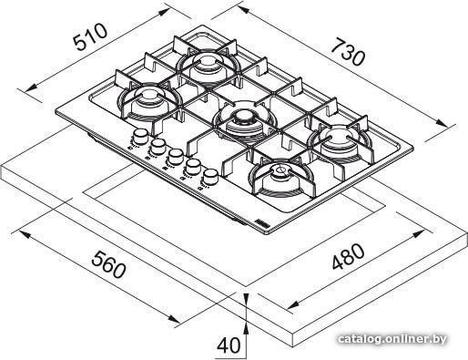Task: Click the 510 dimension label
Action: click(91, 36)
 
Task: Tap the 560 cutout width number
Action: click(108, 263)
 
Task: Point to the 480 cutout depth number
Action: click(348, 257)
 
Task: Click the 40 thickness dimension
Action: click(229, 345)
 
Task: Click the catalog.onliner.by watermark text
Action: click(392, 339)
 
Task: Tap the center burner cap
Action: click(243, 117)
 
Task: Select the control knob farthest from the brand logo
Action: click(140, 136)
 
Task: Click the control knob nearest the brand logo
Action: click(210, 176)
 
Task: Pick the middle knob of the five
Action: click(176, 156)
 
